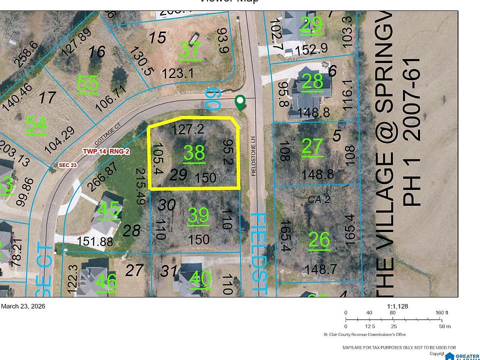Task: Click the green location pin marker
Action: click(x=240, y=102)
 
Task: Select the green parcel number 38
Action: click(x=194, y=153)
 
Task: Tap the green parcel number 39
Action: click(x=198, y=215)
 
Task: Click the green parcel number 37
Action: click(x=190, y=50)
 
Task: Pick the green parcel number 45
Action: click(x=109, y=209)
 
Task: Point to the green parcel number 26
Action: click(x=319, y=240)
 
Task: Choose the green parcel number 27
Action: click(x=313, y=146)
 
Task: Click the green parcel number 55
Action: click(x=88, y=83)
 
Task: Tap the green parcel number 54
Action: click(x=36, y=124)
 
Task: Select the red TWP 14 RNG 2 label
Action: click(x=106, y=151)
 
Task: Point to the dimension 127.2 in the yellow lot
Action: click(x=187, y=129)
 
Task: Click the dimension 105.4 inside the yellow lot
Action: click(x=157, y=159)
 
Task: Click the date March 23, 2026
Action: click(x=23, y=306)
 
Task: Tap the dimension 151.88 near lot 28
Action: click(x=95, y=241)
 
